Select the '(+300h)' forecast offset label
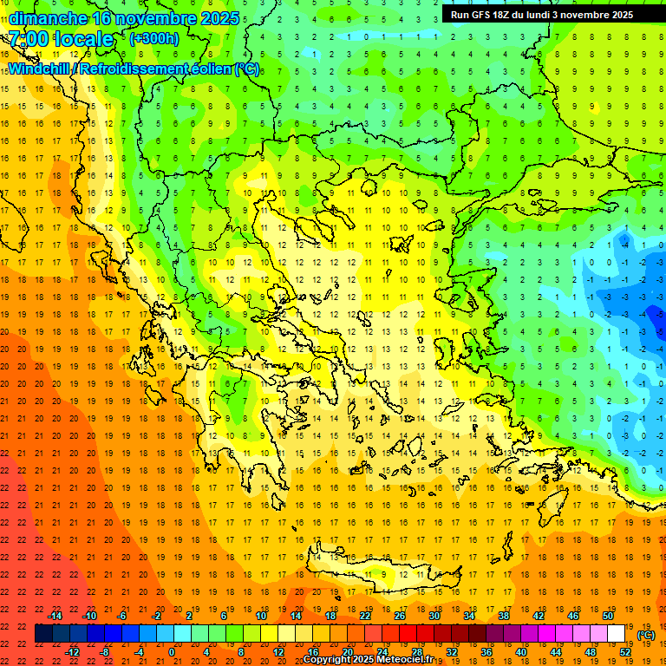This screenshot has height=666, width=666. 153,38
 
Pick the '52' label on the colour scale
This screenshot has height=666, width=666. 625,652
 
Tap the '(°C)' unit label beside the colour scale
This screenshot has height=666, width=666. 646,635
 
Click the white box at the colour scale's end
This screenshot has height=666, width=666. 616,634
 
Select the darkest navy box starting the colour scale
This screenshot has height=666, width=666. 43,634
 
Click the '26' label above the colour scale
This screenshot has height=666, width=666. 400,616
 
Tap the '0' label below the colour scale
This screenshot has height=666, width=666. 172,652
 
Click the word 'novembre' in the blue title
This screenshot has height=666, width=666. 156,18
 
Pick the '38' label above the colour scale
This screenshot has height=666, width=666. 504,616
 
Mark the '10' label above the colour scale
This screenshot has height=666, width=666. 261,616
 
